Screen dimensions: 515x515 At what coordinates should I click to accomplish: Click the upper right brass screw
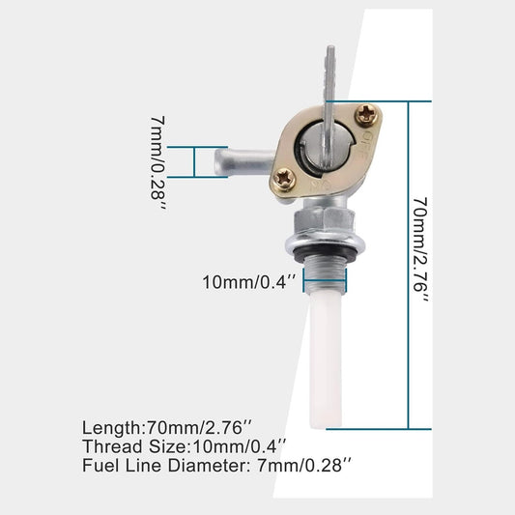[x=365, y=114]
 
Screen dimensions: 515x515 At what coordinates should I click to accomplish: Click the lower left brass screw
[x=285, y=177]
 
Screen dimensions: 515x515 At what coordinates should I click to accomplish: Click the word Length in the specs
[x=110, y=426]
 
